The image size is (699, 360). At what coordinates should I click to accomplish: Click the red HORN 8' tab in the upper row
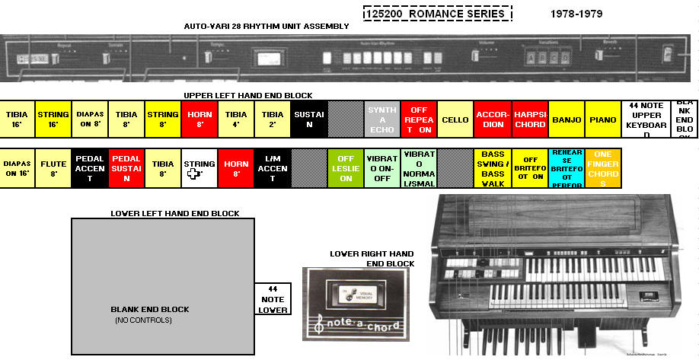coord(199,119)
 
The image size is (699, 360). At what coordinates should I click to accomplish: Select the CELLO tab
coord(455,119)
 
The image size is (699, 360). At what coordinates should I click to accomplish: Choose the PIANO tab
coord(602,119)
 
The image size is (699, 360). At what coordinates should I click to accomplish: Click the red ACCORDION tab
coord(492,119)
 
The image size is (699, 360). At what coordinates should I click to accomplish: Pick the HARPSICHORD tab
coord(529,119)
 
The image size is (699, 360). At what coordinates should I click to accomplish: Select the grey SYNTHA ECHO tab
coord(382,119)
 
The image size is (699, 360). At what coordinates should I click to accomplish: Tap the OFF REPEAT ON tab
coord(419,119)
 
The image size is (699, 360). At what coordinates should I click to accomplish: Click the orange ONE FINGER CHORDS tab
coord(602,168)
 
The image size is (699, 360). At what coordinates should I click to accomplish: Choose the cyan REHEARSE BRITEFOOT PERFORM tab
coord(566,168)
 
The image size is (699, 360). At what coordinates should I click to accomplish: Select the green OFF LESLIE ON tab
coord(346,168)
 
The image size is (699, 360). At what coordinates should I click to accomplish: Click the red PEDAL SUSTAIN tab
coord(126,168)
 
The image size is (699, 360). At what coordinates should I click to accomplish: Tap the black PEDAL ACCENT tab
coord(90,168)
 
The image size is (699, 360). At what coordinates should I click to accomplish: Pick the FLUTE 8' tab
coord(53,168)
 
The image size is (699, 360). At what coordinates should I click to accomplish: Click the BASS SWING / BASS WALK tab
coord(493,168)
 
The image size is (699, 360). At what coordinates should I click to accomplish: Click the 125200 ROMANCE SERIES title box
coord(437,14)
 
